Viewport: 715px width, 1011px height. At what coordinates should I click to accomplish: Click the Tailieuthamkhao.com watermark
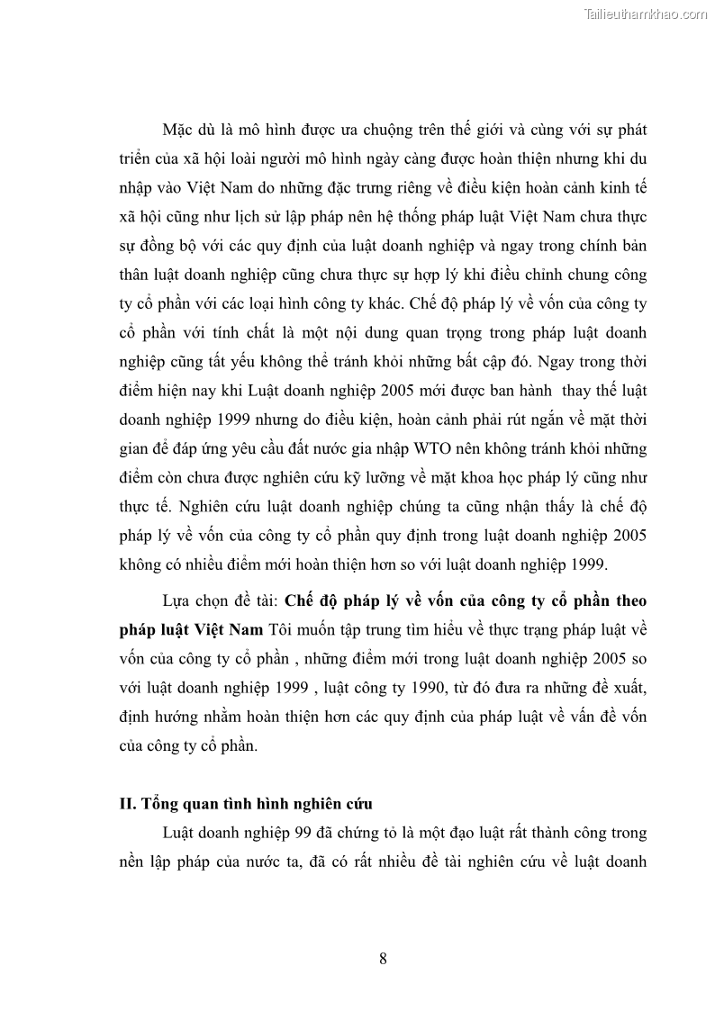click(647, 14)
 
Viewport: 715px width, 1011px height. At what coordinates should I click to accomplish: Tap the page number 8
click(383, 959)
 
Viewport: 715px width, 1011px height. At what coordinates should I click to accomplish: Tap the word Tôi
click(280, 629)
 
